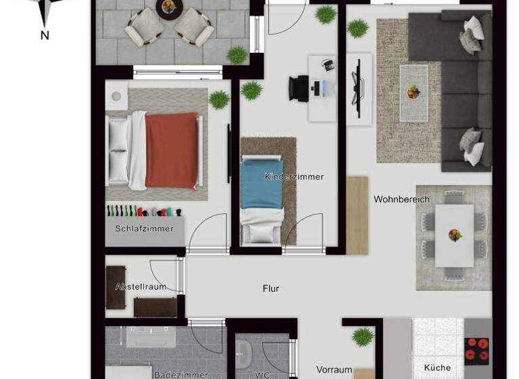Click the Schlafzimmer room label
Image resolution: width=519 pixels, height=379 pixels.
144,229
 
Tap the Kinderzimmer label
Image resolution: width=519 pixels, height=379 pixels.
294,177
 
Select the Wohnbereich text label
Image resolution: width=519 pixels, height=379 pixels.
401,200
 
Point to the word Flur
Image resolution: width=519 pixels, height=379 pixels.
271,289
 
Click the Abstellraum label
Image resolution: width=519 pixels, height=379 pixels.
141,287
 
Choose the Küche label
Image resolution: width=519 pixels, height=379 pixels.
437,368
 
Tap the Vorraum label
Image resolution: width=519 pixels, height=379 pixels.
334,370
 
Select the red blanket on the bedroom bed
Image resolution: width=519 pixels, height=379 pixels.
172,150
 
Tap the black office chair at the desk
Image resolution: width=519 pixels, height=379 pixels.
299,89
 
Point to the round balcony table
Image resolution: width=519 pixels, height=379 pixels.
168,7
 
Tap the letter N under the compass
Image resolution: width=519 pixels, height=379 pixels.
45,35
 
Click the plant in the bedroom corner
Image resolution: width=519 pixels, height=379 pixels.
219,100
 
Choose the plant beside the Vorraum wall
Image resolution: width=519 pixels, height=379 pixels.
363,336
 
